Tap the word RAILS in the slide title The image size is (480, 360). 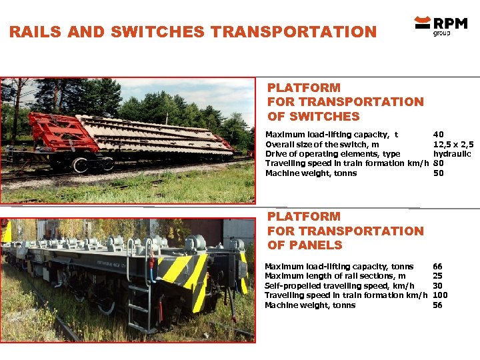(x=33, y=32)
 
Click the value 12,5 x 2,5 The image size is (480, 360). (x=453, y=144)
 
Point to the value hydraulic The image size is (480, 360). (x=452, y=154)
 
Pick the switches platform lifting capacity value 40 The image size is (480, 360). (x=438, y=135)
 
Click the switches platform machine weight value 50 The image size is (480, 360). (x=438, y=173)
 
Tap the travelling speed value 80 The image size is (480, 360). (x=438, y=163)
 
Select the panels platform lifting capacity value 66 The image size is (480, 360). (x=437, y=267)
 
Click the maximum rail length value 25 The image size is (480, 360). (x=437, y=276)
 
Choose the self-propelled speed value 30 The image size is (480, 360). (x=437, y=286)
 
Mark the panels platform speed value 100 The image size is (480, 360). (x=440, y=295)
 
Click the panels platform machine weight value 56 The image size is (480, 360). (x=437, y=305)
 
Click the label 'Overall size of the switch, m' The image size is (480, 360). (x=323, y=144)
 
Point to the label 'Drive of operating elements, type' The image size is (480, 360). (x=333, y=154)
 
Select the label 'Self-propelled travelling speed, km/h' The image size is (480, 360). (x=339, y=286)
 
